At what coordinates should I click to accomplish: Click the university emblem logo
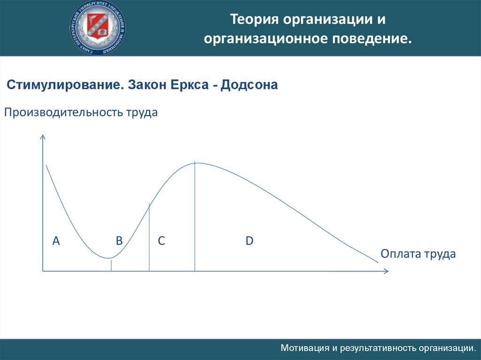pyautogui.click(x=98, y=28)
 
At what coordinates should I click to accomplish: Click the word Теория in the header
pyautogui.click(x=254, y=19)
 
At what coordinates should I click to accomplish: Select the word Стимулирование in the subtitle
pyautogui.click(x=65, y=85)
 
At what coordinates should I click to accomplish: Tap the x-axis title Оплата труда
pyautogui.click(x=418, y=254)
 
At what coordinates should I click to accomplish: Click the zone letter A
pyautogui.click(x=56, y=241)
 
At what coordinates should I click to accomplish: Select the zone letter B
pyautogui.click(x=119, y=241)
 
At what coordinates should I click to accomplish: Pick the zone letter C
pyautogui.click(x=162, y=241)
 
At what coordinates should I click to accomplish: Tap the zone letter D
pyautogui.click(x=249, y=241)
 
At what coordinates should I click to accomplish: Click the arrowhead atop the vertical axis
pyautogui.click(x=43, y=135)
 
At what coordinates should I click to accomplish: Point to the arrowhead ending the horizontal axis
pyautogui.click(x=388, y=271)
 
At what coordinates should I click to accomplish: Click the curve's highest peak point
pyautogui.click(x=195, y=163)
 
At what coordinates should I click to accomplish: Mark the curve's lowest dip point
pyautogui.click(x=109, y=258)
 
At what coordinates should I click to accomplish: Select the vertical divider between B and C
pyautogui.click(x=149, y=237)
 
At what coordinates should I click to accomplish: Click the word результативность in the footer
pyautogui.click(x=379, y=349)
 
